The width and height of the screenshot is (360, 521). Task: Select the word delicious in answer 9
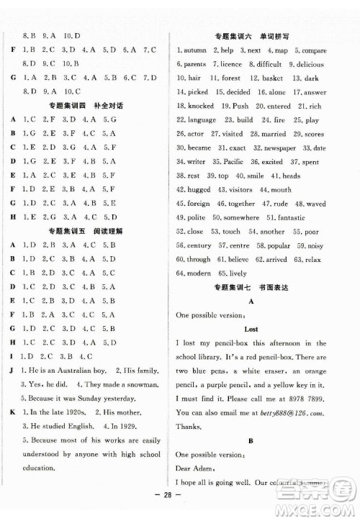(x=310, y=65)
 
